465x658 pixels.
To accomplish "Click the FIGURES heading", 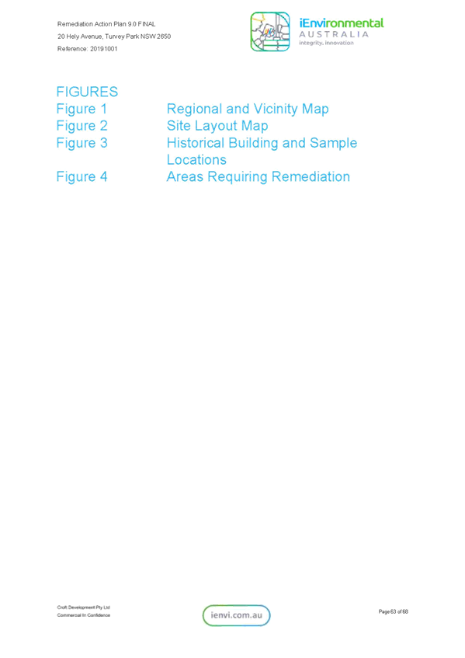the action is coord(87,92).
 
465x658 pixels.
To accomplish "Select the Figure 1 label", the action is coord(82,109).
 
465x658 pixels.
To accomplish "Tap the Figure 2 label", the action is coord(82,126).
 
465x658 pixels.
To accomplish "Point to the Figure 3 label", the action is coord(82,143).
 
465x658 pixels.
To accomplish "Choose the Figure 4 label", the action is coord(82,176).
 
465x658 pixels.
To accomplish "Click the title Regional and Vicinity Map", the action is coord(248,109).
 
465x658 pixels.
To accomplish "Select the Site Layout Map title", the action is coord(217,126).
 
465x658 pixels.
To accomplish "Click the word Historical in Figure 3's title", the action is coord(196,143).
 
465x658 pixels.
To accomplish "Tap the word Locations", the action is coord(196,160).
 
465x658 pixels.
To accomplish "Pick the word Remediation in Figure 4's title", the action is coord(311,176).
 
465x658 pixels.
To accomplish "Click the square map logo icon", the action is coord(270,32).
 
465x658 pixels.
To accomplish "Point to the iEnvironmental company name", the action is coord(342,23).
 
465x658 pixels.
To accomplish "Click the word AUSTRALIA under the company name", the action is coord(334,34).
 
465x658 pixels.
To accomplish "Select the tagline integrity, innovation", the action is coord(326,43).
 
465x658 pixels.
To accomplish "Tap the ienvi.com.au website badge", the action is coord(237,615).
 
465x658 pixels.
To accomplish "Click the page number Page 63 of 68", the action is coord(394,612).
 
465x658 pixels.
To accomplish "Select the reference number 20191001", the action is coord(104,49).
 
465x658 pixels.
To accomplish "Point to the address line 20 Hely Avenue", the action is coord(114,37).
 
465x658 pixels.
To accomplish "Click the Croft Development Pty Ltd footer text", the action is coord(83,608).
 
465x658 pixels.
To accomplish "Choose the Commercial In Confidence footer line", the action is coord(83,615).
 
